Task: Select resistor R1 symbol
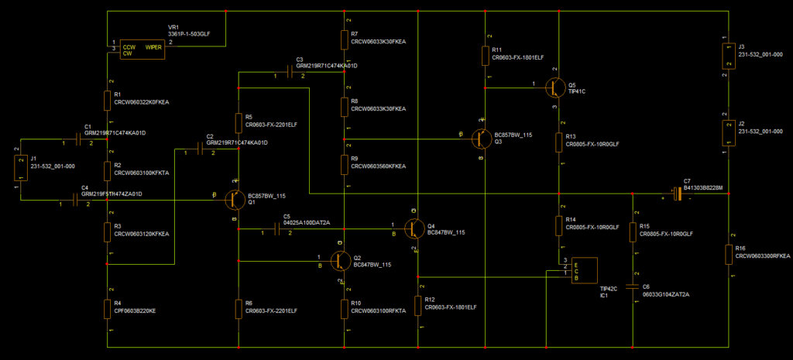[108, 100]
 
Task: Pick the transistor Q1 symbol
[235, 199]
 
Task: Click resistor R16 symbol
[729, 253]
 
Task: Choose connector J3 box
[728, 57]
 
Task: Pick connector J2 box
[728, 133]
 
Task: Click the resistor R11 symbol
[486, 55]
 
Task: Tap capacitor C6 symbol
[634, 285]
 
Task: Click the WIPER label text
[153, 46]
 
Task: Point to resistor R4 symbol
[108, 308]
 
